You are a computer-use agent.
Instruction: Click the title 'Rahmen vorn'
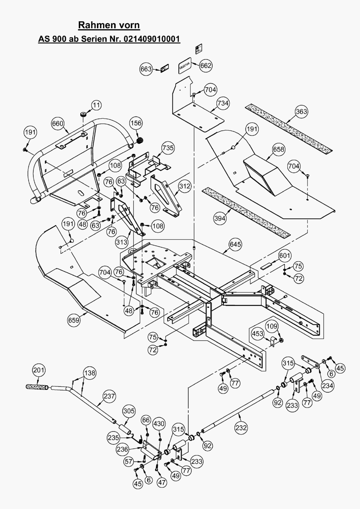pyautogui.click(x=109, y=25)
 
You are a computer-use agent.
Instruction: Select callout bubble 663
pyautogui.click(x=146, y=69)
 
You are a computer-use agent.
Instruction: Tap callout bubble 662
pyautogui.click(x=206, y=66)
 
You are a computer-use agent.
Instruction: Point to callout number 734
pyautogui.click(x=223, y=103)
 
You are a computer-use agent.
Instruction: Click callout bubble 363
pyautogui.click(x=301, y=112)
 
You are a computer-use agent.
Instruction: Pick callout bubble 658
pyautogui.click(x=279, y=149)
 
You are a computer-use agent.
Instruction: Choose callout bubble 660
pyautogui.click(x=58, y=124)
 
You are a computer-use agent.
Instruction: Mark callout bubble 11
pyautogui.click(x=96, y=105)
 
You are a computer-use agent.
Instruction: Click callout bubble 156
pyautogui.click(x=136, y=123)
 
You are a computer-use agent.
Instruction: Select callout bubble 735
pyautogui.click(x=168, y=148)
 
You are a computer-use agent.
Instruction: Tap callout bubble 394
pyautogui.click(x=220, y=218)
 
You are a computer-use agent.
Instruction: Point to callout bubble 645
pyautogui.click(x=235, y=245)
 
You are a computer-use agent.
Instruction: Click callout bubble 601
pyautogui.click(x=285, y=256)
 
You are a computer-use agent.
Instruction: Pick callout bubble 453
pyautogui.click(x=258, y=334)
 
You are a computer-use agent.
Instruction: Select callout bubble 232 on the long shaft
pyautogui.click(x=241, y=428)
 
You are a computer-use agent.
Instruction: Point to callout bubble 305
pyautogui.click(x=129, y=411)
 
